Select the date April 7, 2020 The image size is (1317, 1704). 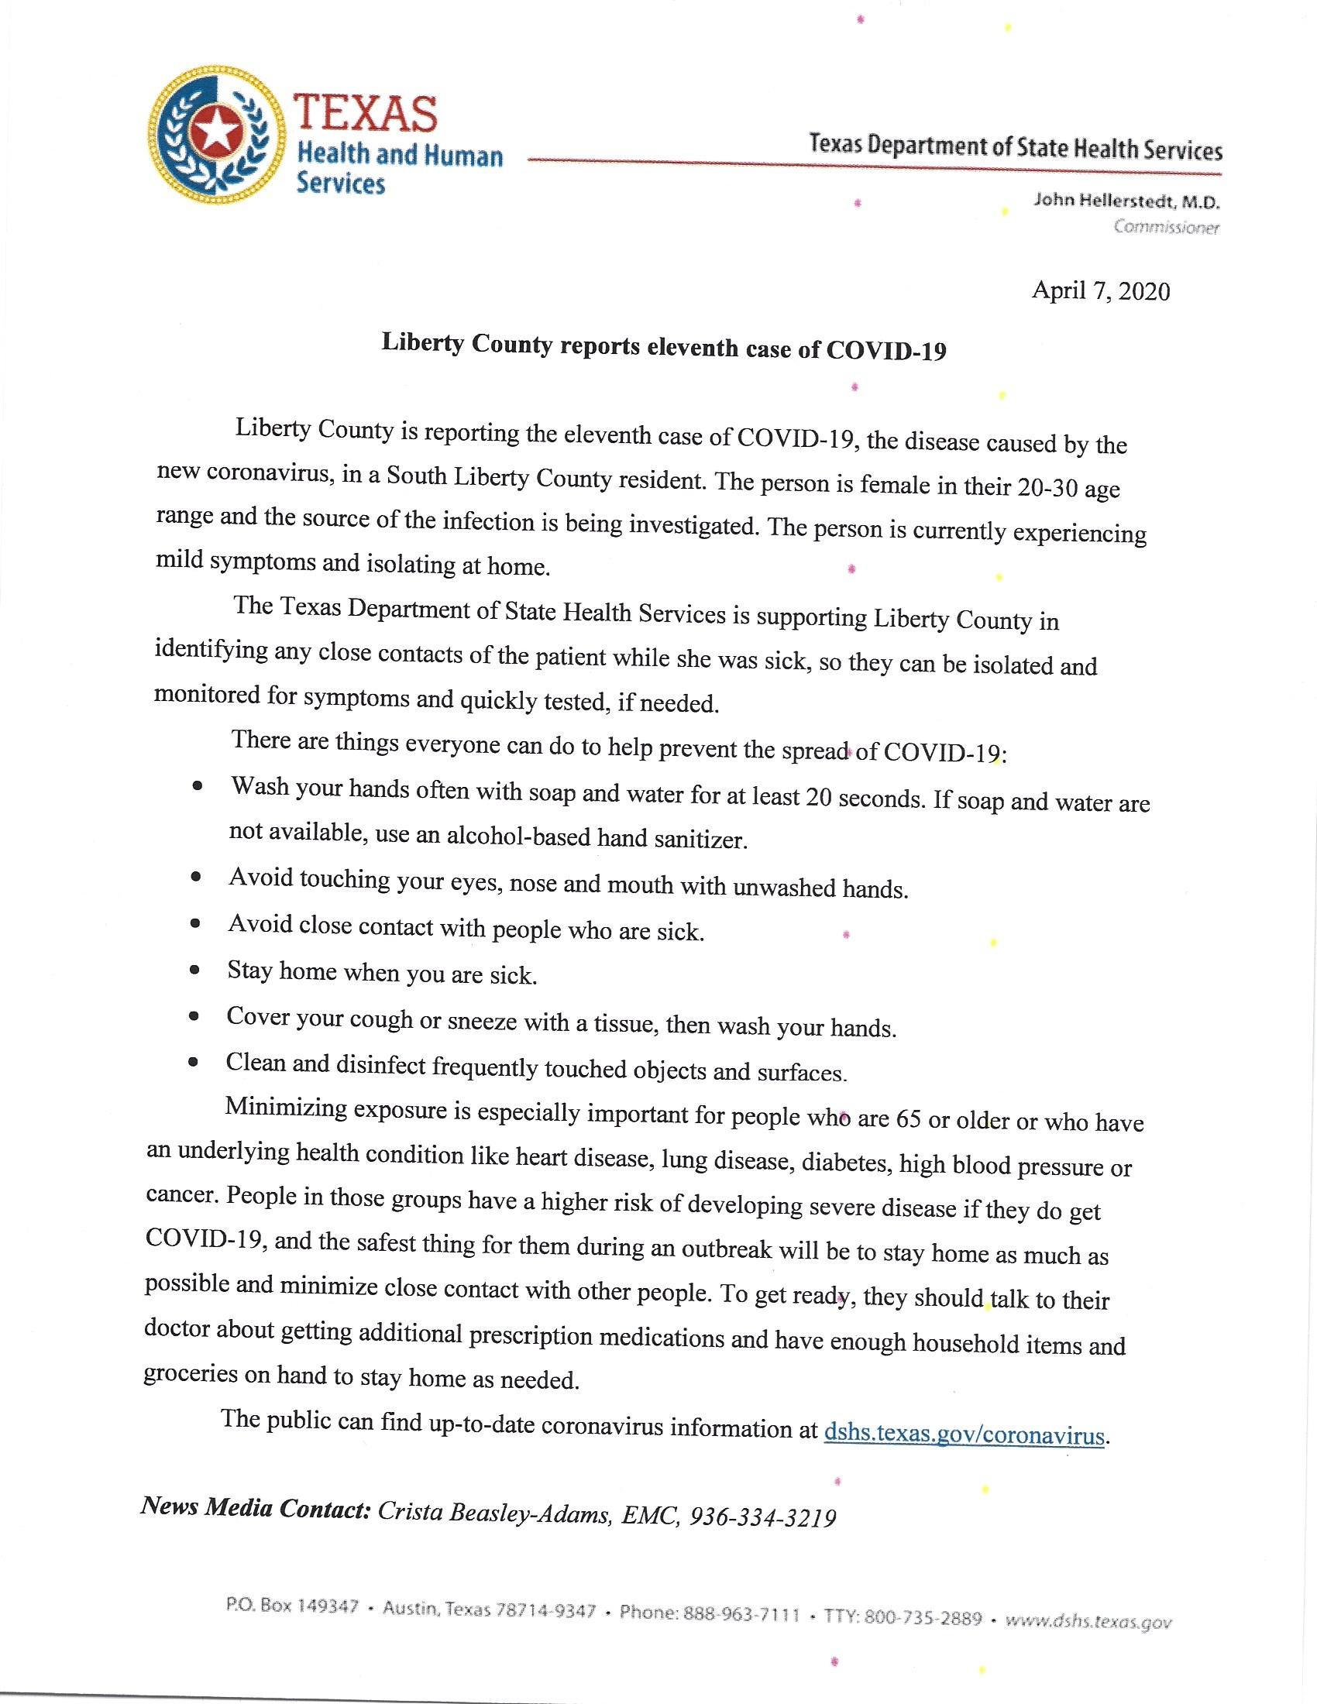coord(1100,291)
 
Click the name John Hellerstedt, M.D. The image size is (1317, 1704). coord(1126,201)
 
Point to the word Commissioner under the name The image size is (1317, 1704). coord(1166,227)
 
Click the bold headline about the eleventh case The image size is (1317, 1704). coord(663,347)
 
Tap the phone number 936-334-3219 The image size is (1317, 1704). coord(763,1517)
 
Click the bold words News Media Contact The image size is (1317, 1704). coord(255,1508)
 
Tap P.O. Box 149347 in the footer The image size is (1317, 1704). coord(292,1606)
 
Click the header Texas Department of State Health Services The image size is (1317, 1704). coord(1015,146)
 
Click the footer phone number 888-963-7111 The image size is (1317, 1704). coord(741,1612)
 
